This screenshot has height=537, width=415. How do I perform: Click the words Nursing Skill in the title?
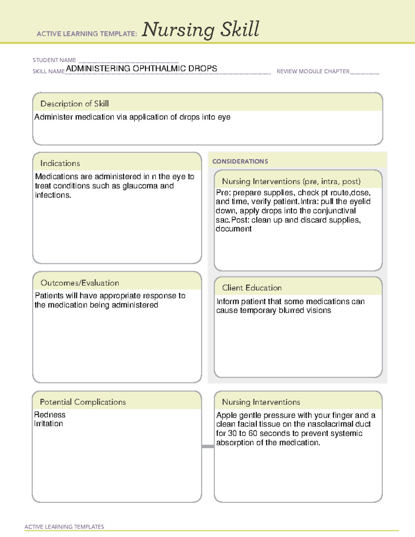pos(201,30)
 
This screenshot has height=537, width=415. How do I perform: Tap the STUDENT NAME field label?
pos(54,60)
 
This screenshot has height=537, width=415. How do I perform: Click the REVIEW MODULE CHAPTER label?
pos(313,72)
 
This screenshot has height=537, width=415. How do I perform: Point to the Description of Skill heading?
pos(74,104)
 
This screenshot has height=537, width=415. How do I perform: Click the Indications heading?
pos(60,163)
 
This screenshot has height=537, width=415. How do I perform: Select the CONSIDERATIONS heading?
pos(240,161)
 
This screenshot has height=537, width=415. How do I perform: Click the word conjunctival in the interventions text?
pos(334,211)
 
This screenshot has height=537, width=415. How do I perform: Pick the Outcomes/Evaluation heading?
pos(80,283)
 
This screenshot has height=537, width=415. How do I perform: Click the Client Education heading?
pos(251,288)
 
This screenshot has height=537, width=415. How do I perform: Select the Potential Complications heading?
pos(83,402)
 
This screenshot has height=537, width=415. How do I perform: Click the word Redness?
pos(50,415)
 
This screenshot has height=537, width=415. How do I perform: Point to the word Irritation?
pos(48,424)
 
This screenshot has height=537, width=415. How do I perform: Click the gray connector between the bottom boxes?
pos(208,446)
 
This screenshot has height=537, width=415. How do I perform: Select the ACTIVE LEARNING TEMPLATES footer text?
pos(64,527)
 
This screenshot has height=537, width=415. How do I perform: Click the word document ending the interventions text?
pos(233,229)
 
